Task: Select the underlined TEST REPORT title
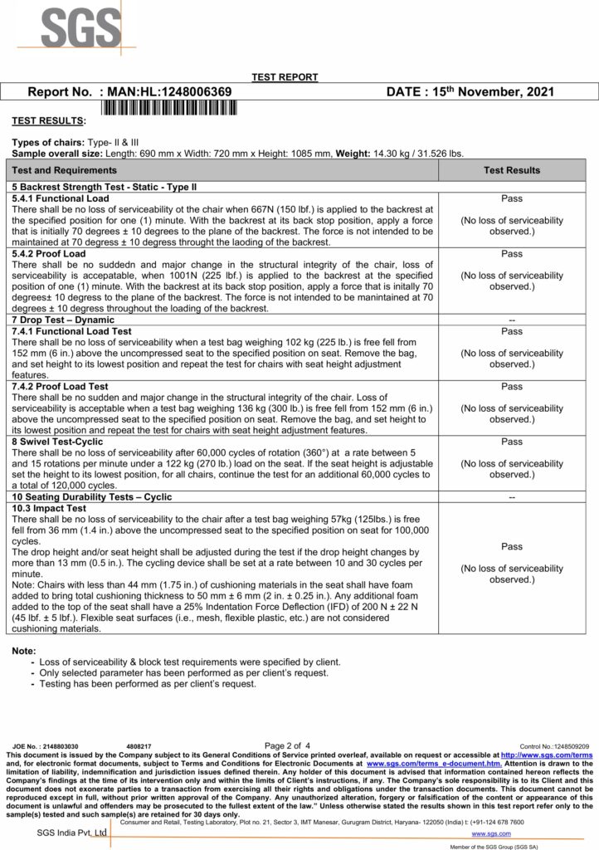285,77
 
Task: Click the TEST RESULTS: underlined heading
48,120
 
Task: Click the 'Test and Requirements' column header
64,170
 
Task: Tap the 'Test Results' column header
512,170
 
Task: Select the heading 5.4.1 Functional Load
61,199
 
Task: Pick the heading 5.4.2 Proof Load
49,253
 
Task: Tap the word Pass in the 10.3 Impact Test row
512,547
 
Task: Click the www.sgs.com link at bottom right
490,832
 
